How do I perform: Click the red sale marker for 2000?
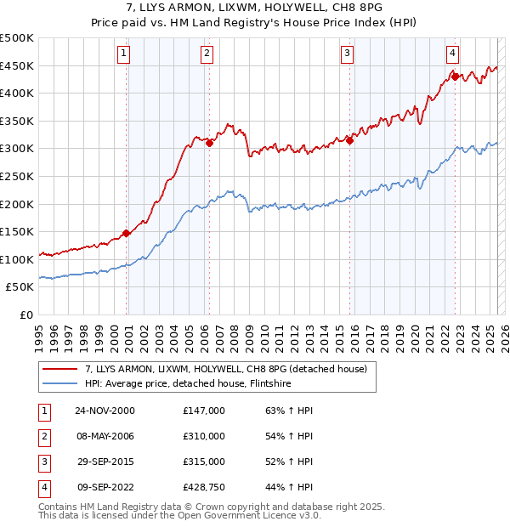127,233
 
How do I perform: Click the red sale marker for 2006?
209,143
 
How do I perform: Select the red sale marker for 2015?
349,140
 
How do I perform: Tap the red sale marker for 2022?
455,76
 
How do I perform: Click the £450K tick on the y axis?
17,66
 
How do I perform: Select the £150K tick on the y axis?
17,232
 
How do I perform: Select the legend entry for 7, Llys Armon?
225,369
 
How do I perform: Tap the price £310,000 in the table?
204,436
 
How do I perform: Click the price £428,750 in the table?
204,487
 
